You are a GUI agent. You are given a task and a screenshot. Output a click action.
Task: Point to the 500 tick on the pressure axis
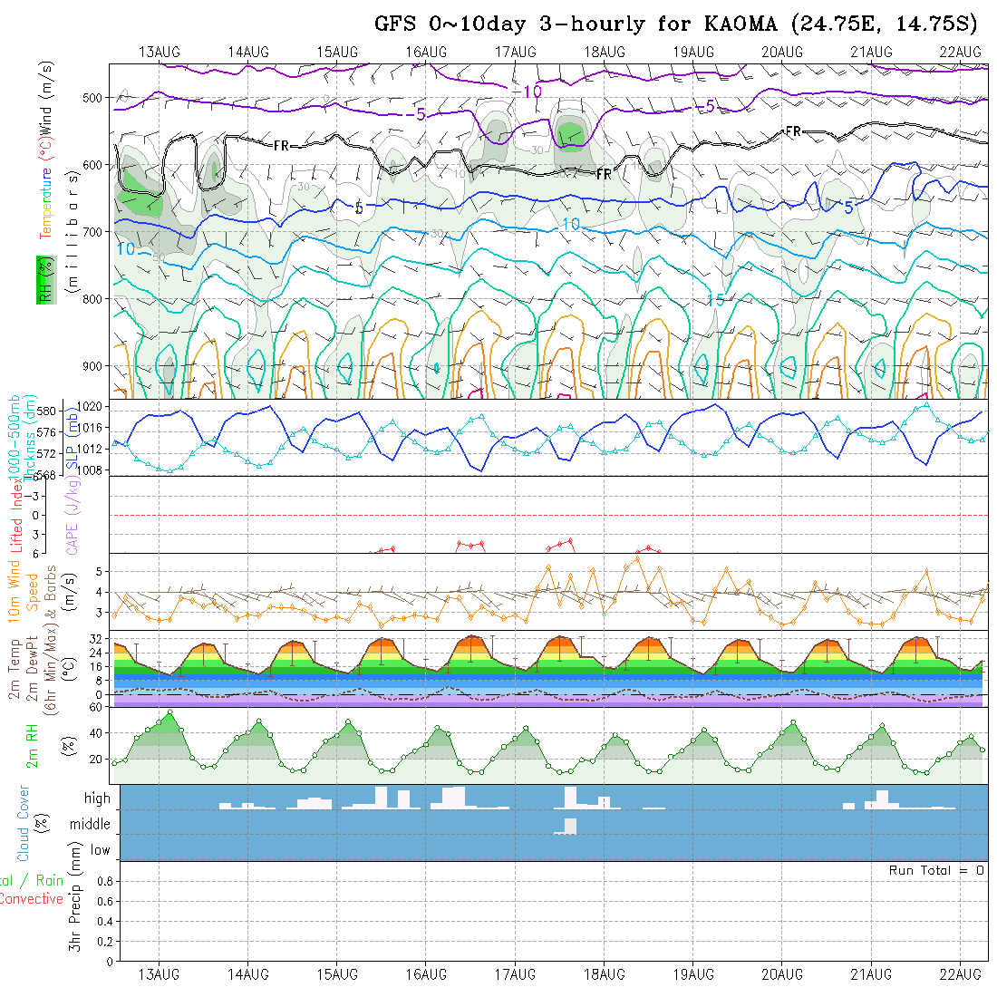pyautogui.click(x=94, y=98)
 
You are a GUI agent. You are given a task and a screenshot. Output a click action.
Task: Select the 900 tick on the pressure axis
pyautogui.click(x=94, y=365)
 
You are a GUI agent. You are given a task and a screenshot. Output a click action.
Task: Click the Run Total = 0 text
pyautogui.click(x=936, y=870)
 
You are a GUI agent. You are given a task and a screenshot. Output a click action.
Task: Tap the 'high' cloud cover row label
pyautogui.click(x=97, y=799)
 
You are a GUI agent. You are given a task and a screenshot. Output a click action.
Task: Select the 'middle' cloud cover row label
pyautogui.click(x=91, y=824)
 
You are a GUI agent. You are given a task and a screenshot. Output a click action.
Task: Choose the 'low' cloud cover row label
pyautogui.click(x=100, y=850)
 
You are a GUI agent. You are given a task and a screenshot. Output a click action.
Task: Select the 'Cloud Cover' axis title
pyautogui.click(x=23, y=823)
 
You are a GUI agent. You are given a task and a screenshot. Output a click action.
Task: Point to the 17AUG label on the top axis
pyautogui.click(x=516, y=53)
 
